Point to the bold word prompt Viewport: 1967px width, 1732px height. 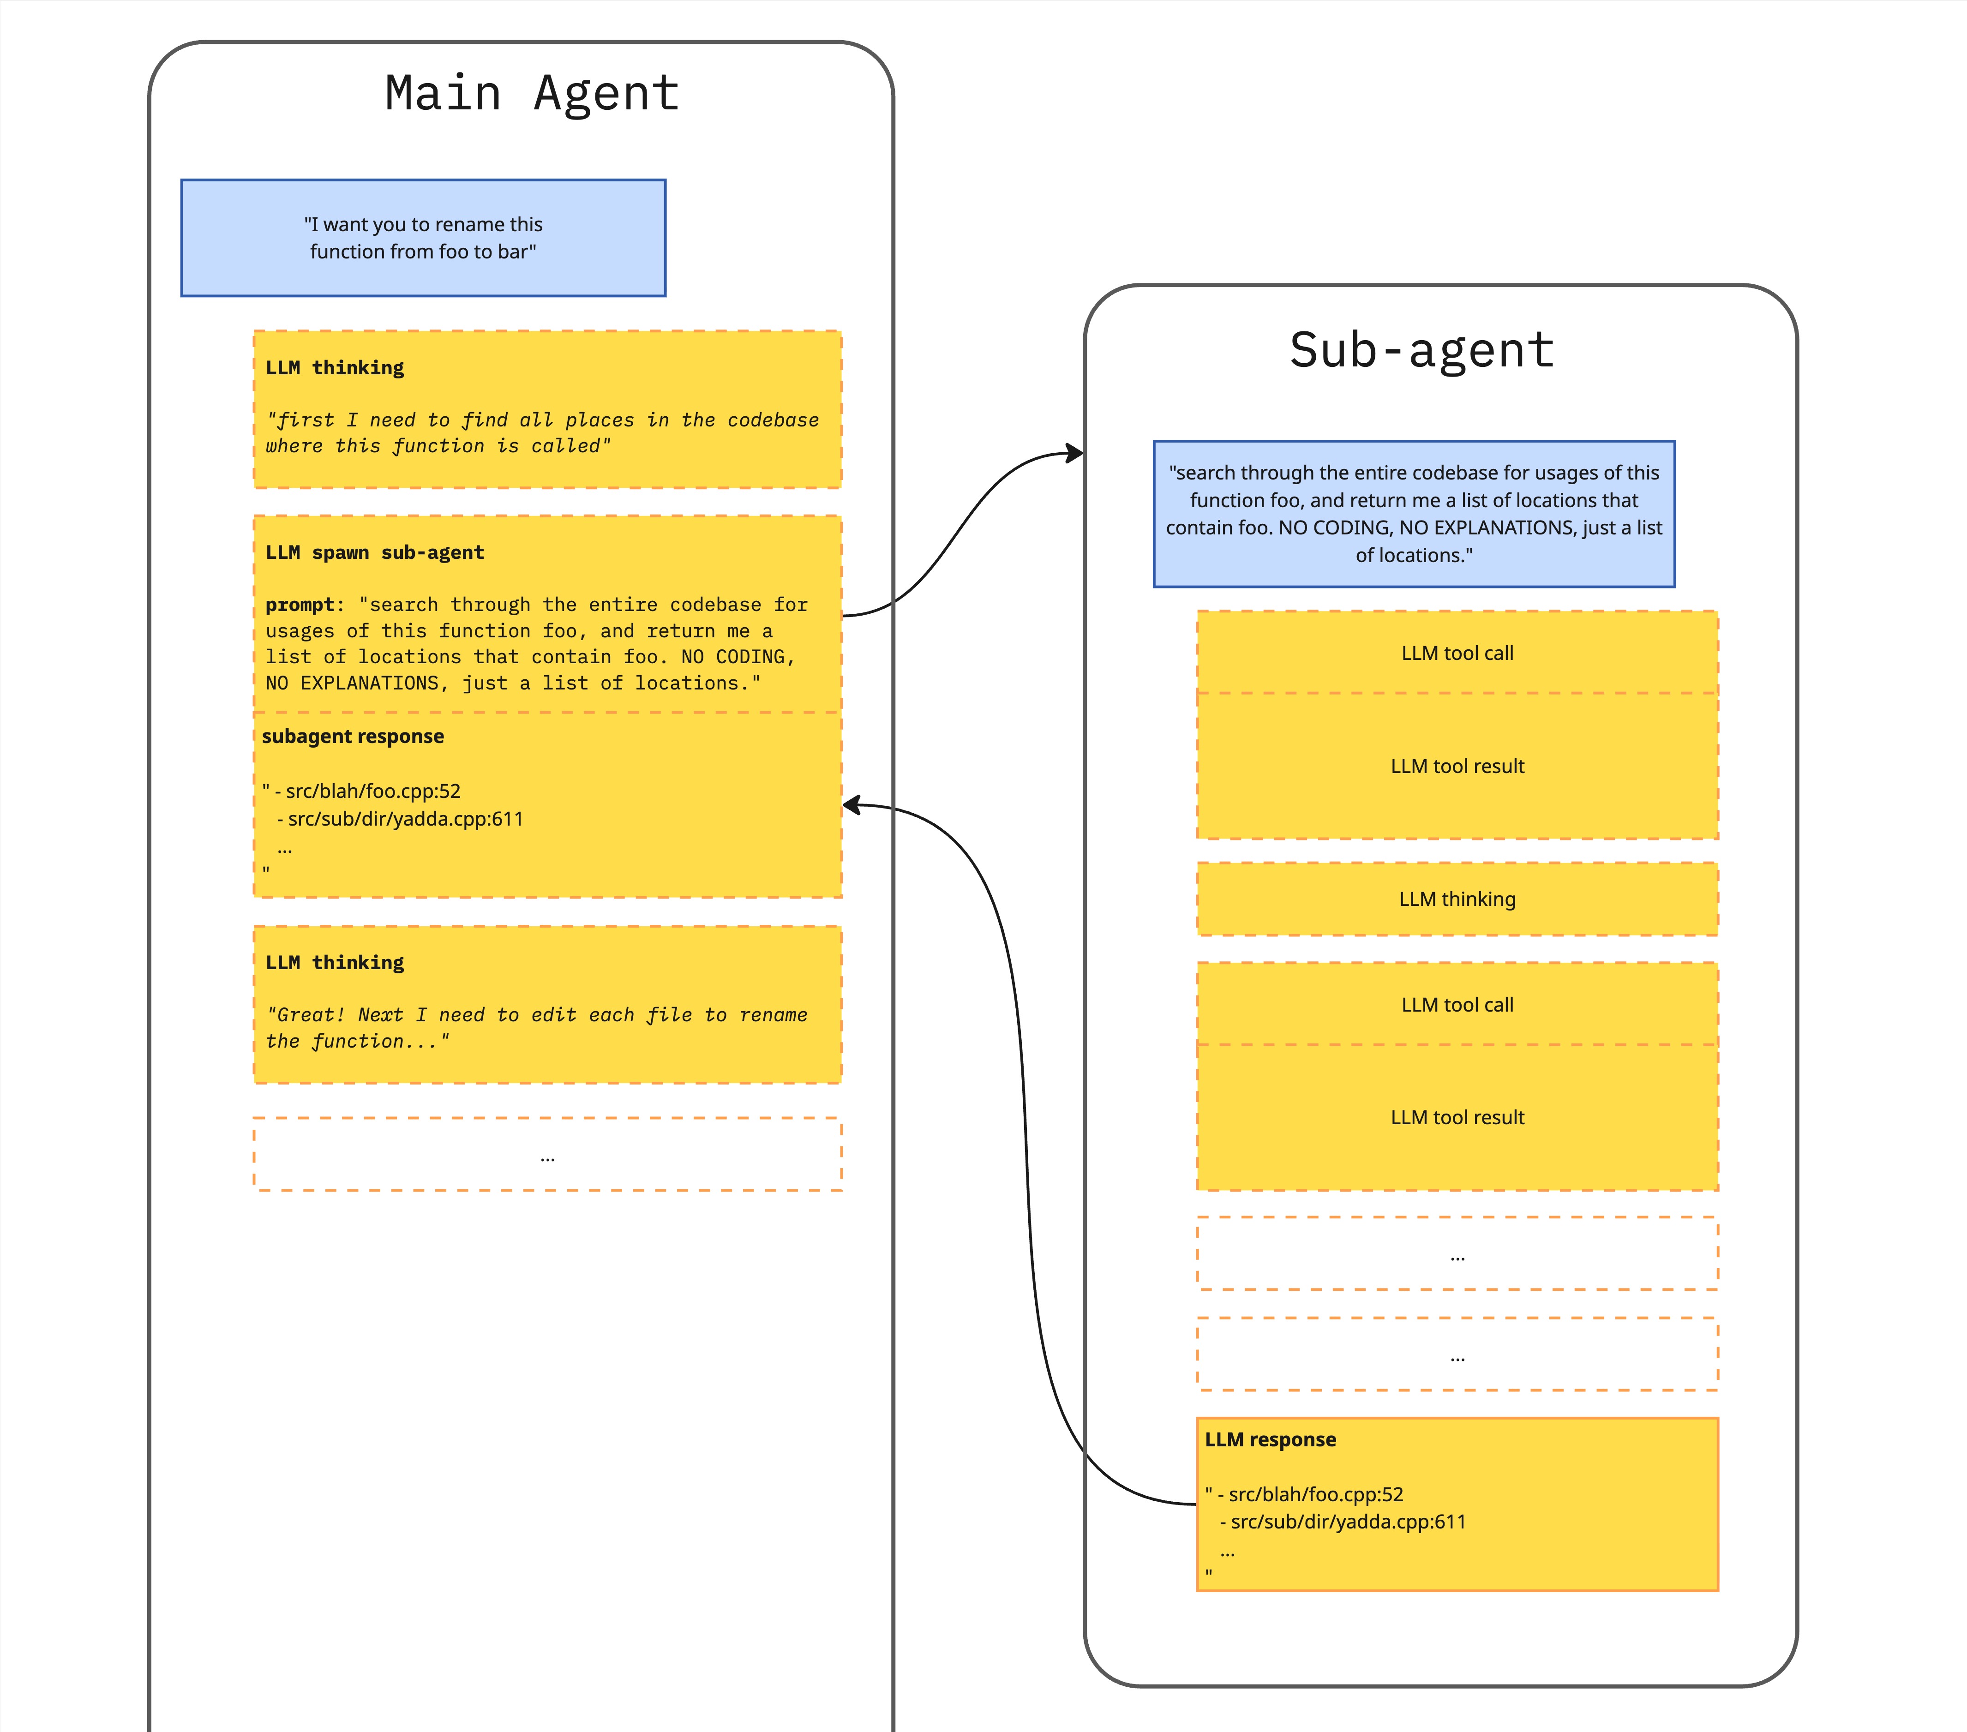point(299,604)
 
